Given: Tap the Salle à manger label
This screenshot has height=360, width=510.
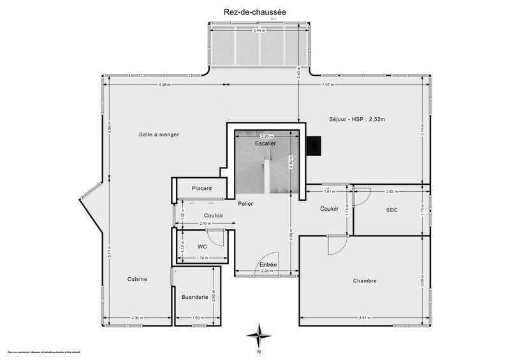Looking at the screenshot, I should point(159,134).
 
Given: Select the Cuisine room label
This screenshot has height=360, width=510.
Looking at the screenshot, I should point(137,279).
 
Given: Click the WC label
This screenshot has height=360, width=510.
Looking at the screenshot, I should point(201,246).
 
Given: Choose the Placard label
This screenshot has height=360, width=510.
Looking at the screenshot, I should point(201,188).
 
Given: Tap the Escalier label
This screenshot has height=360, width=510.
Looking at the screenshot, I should point(265,144).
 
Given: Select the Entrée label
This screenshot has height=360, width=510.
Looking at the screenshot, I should point(268,264).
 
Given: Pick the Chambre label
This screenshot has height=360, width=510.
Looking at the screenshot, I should point(365,280).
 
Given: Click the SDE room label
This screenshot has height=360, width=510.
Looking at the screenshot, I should point(391,210).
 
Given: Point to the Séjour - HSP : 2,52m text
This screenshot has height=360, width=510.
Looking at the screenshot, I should point(358,119).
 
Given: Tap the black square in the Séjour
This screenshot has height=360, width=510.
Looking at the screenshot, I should point(314,146).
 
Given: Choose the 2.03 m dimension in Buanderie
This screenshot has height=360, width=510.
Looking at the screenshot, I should point(214,297).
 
